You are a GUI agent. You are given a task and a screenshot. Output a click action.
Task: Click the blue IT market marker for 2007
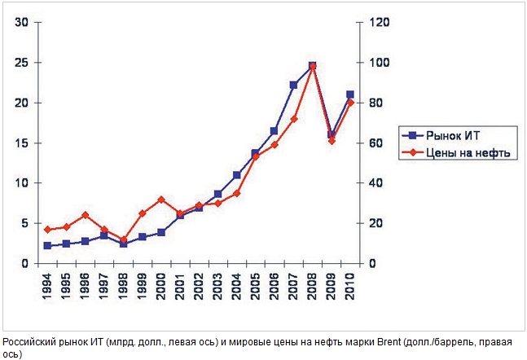pyautogui.click(x=293, y=85)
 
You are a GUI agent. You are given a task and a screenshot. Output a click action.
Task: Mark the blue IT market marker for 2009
pyautogui.click(x=332, y=134)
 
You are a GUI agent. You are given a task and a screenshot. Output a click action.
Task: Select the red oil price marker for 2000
pyautogui.click(x=161, y=200)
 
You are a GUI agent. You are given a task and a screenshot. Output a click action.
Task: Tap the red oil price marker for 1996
pyautogui.click(x=86, y=215)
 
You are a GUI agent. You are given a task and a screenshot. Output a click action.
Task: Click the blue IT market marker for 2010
pyautogui.click(x=350, y=94)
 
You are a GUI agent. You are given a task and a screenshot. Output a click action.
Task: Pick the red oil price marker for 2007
pyautogui.click(x=293, y=119)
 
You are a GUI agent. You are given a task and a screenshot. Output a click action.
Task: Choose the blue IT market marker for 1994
pyautogui.click(x=47, y=245)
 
